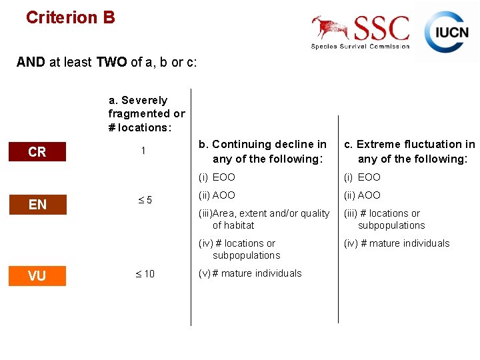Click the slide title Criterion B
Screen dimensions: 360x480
point(70,17)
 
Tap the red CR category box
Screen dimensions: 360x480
point(37,152)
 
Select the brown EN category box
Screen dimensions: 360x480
point(37,204)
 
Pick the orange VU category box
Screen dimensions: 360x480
point(37,276)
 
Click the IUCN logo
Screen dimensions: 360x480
point(447,31)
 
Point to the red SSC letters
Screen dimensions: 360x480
point(381,29)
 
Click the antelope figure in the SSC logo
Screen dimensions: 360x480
point(331,28)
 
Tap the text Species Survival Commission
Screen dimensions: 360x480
point(360,47)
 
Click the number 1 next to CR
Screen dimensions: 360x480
point(143,151)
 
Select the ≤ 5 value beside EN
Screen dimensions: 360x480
point(145,201)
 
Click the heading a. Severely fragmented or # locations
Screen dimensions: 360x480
point(147,114)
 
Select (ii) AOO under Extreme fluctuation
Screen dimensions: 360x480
point(362,195)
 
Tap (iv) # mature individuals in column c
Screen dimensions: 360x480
point(396,243)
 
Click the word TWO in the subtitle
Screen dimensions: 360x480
point(112,63)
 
